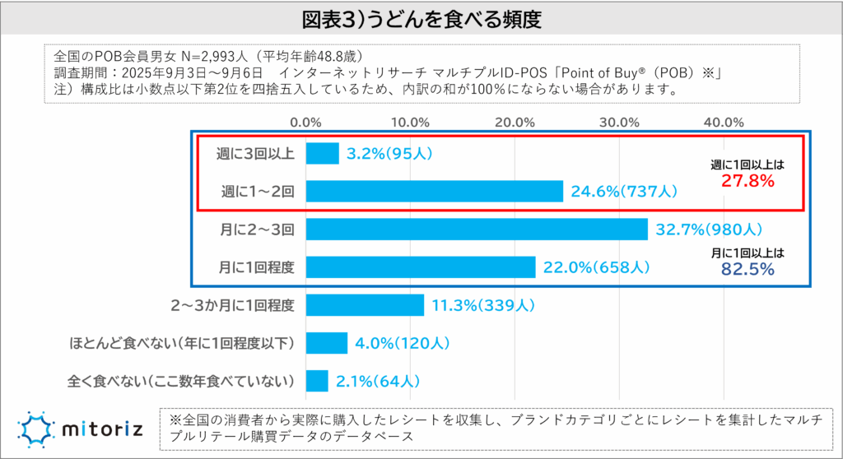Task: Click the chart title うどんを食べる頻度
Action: (421, 16)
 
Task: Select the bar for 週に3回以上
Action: (322, 154)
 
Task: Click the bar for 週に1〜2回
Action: (434, 192)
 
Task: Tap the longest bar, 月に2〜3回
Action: (477, 229)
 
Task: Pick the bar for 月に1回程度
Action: (421, 267)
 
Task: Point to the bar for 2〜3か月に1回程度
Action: (365, 305)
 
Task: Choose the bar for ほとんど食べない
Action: (327, 343)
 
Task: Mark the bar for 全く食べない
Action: (317, 381)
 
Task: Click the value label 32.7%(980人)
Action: (710, 229)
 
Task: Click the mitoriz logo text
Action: (104, 428)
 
